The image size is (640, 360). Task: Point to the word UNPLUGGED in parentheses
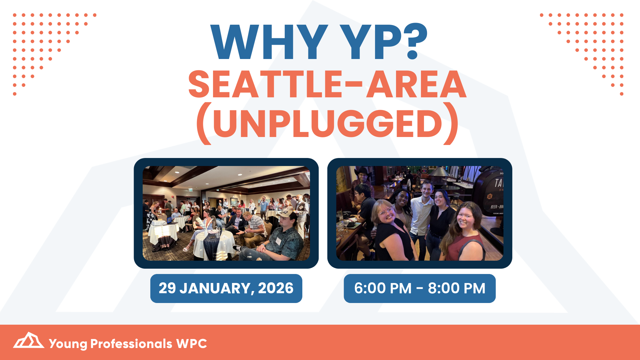[x=328, y=124]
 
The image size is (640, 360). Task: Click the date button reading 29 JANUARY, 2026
[x=226, y=288]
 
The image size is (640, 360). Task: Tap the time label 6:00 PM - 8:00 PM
[x=420, y=288]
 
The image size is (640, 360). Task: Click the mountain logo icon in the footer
[x=29, y=340]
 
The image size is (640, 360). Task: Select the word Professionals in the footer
[x=131, y=344]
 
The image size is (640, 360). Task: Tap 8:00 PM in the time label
[x=457, y=288]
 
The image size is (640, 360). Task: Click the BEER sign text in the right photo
[x=494, y=207]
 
